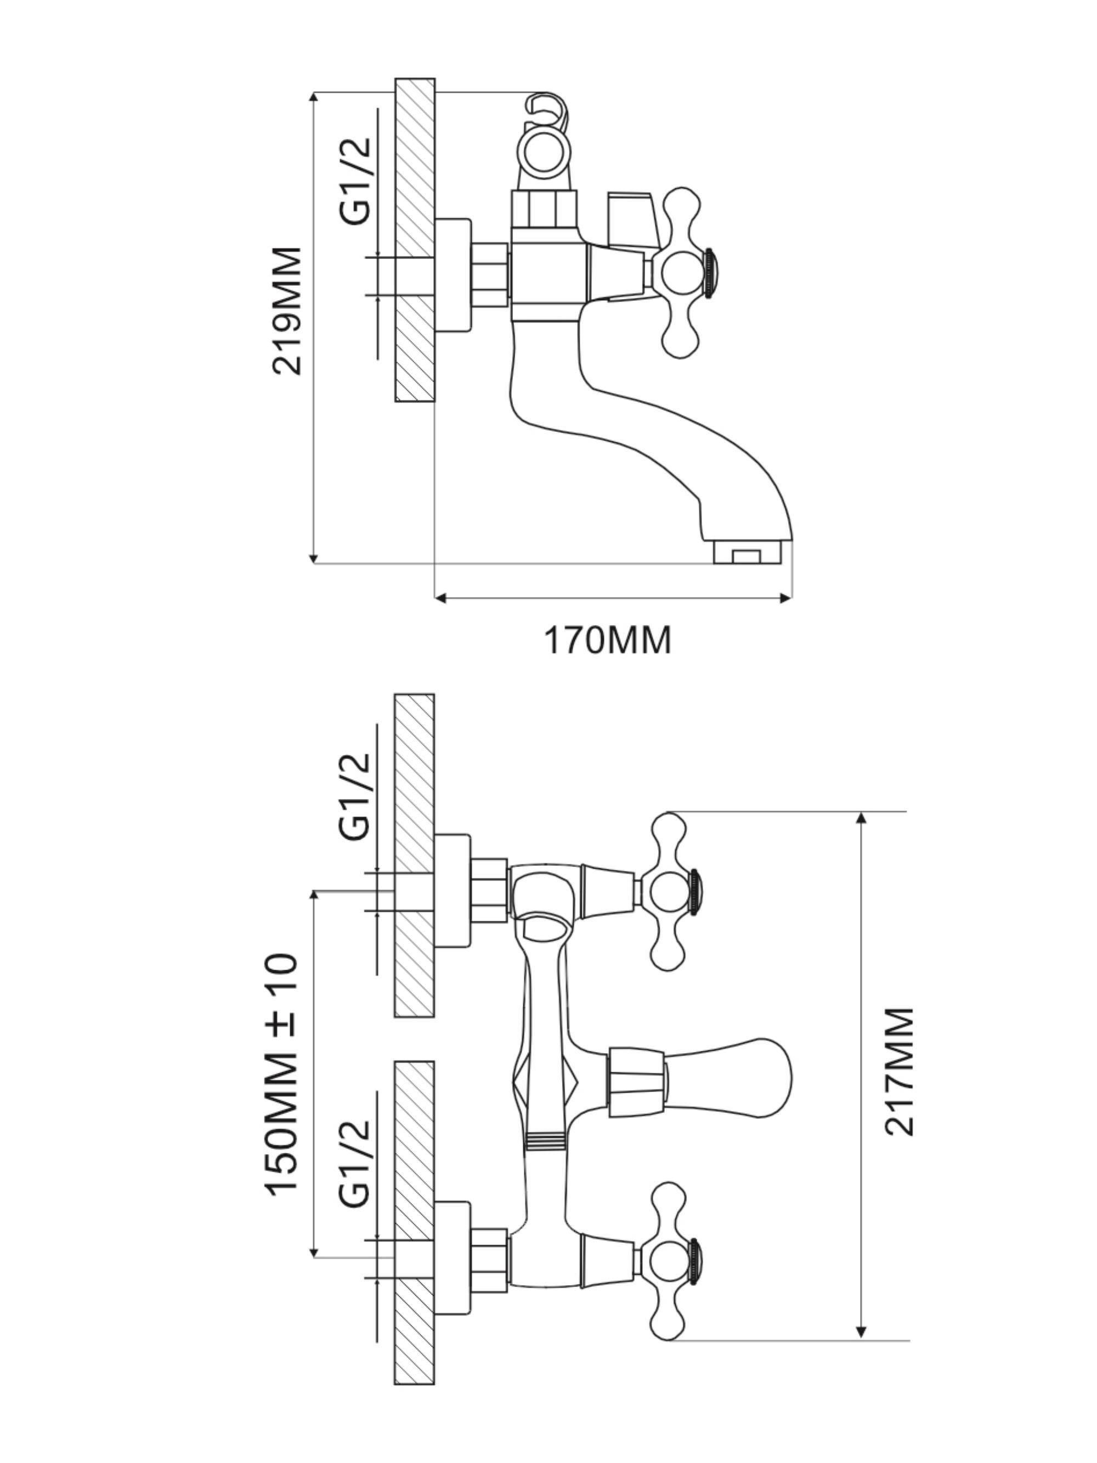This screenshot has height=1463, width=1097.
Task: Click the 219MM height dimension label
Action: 287,311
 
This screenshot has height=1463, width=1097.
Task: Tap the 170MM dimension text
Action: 607,640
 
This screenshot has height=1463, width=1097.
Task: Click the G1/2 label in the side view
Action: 355,181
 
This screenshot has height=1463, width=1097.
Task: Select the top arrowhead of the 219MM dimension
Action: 315,98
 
